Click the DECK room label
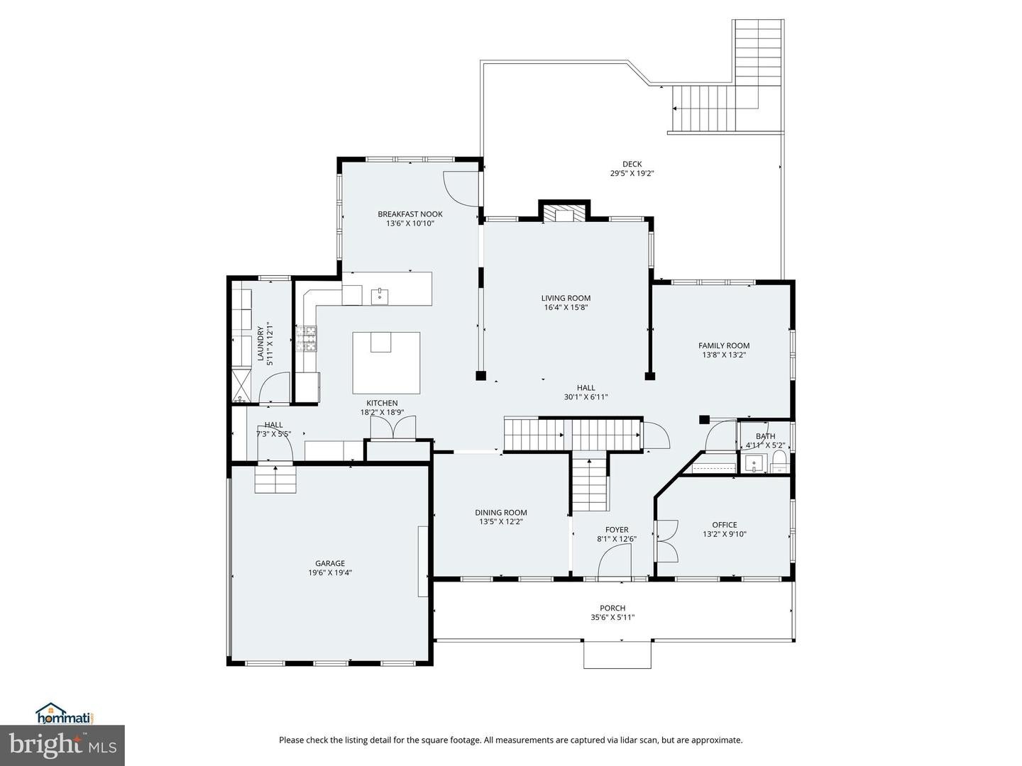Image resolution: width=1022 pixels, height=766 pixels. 632,164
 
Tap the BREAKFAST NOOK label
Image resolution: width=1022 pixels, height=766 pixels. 410,214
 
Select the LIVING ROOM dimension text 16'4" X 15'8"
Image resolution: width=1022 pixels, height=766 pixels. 565,308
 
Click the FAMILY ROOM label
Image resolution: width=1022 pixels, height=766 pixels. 723,346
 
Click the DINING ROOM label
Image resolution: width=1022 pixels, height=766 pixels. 500,513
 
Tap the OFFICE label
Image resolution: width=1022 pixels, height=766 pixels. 724,525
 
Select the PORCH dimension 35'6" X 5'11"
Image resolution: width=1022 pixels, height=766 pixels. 612,617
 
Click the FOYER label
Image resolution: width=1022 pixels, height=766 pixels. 616,530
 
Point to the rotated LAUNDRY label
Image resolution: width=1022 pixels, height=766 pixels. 260,344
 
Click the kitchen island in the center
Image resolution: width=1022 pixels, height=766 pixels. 386,362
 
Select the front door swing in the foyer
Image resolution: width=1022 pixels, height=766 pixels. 615,564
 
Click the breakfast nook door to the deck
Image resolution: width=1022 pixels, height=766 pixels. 461,189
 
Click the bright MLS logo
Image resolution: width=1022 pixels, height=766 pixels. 62,745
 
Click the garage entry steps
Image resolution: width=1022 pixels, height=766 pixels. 275,480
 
